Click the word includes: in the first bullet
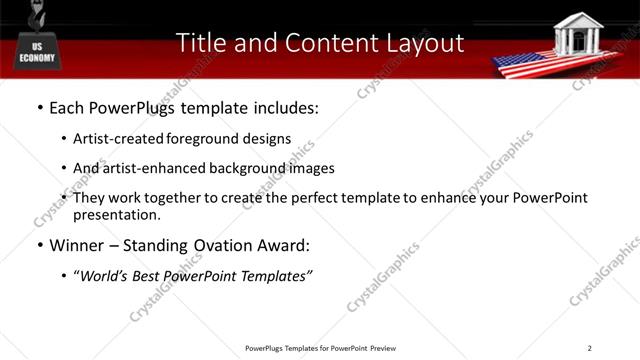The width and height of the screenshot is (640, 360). tap(283, 105)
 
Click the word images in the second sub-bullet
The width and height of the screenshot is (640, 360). tap(311, 168)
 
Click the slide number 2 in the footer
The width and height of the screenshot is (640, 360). tap(589, 348)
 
